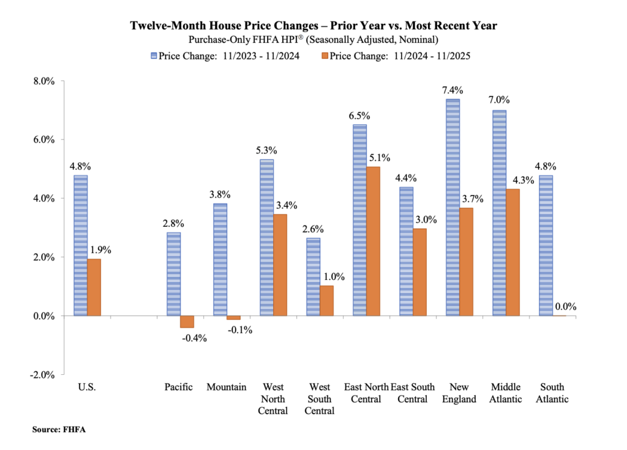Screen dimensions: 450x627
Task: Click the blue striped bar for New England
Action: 452,207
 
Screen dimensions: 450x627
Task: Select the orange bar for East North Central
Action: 373,241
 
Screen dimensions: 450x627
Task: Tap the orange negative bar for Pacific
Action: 187,322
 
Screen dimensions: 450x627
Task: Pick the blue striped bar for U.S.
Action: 81,245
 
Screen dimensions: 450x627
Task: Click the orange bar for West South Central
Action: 326,300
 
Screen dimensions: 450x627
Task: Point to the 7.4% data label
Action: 452,89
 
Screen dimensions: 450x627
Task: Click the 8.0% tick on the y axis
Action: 44,81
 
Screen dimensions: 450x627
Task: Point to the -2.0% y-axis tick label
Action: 43,375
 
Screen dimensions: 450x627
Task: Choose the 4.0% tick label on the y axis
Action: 44,199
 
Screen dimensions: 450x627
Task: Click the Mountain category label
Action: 227,387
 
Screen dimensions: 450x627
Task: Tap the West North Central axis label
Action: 273,399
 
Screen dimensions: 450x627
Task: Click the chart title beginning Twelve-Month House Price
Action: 313,26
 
